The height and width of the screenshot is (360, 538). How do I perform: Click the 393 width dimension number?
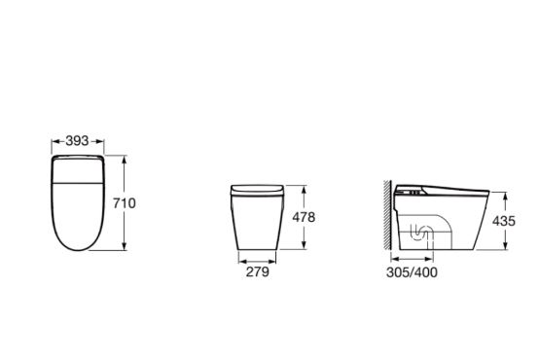[x=77, y=141]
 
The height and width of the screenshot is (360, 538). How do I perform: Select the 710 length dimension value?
[x=125, y=203]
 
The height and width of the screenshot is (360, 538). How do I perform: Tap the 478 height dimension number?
[x=304, y=217]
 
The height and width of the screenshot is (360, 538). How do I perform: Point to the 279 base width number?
[x=258, y=271]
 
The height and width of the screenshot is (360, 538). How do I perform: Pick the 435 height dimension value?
[x=504, y=221]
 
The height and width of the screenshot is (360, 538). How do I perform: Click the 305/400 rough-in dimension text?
[x=412, y=272]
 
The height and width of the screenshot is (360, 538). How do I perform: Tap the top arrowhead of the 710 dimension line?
[x=125, y=159]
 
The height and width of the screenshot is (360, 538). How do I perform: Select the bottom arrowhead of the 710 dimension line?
[x=125, y=246]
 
